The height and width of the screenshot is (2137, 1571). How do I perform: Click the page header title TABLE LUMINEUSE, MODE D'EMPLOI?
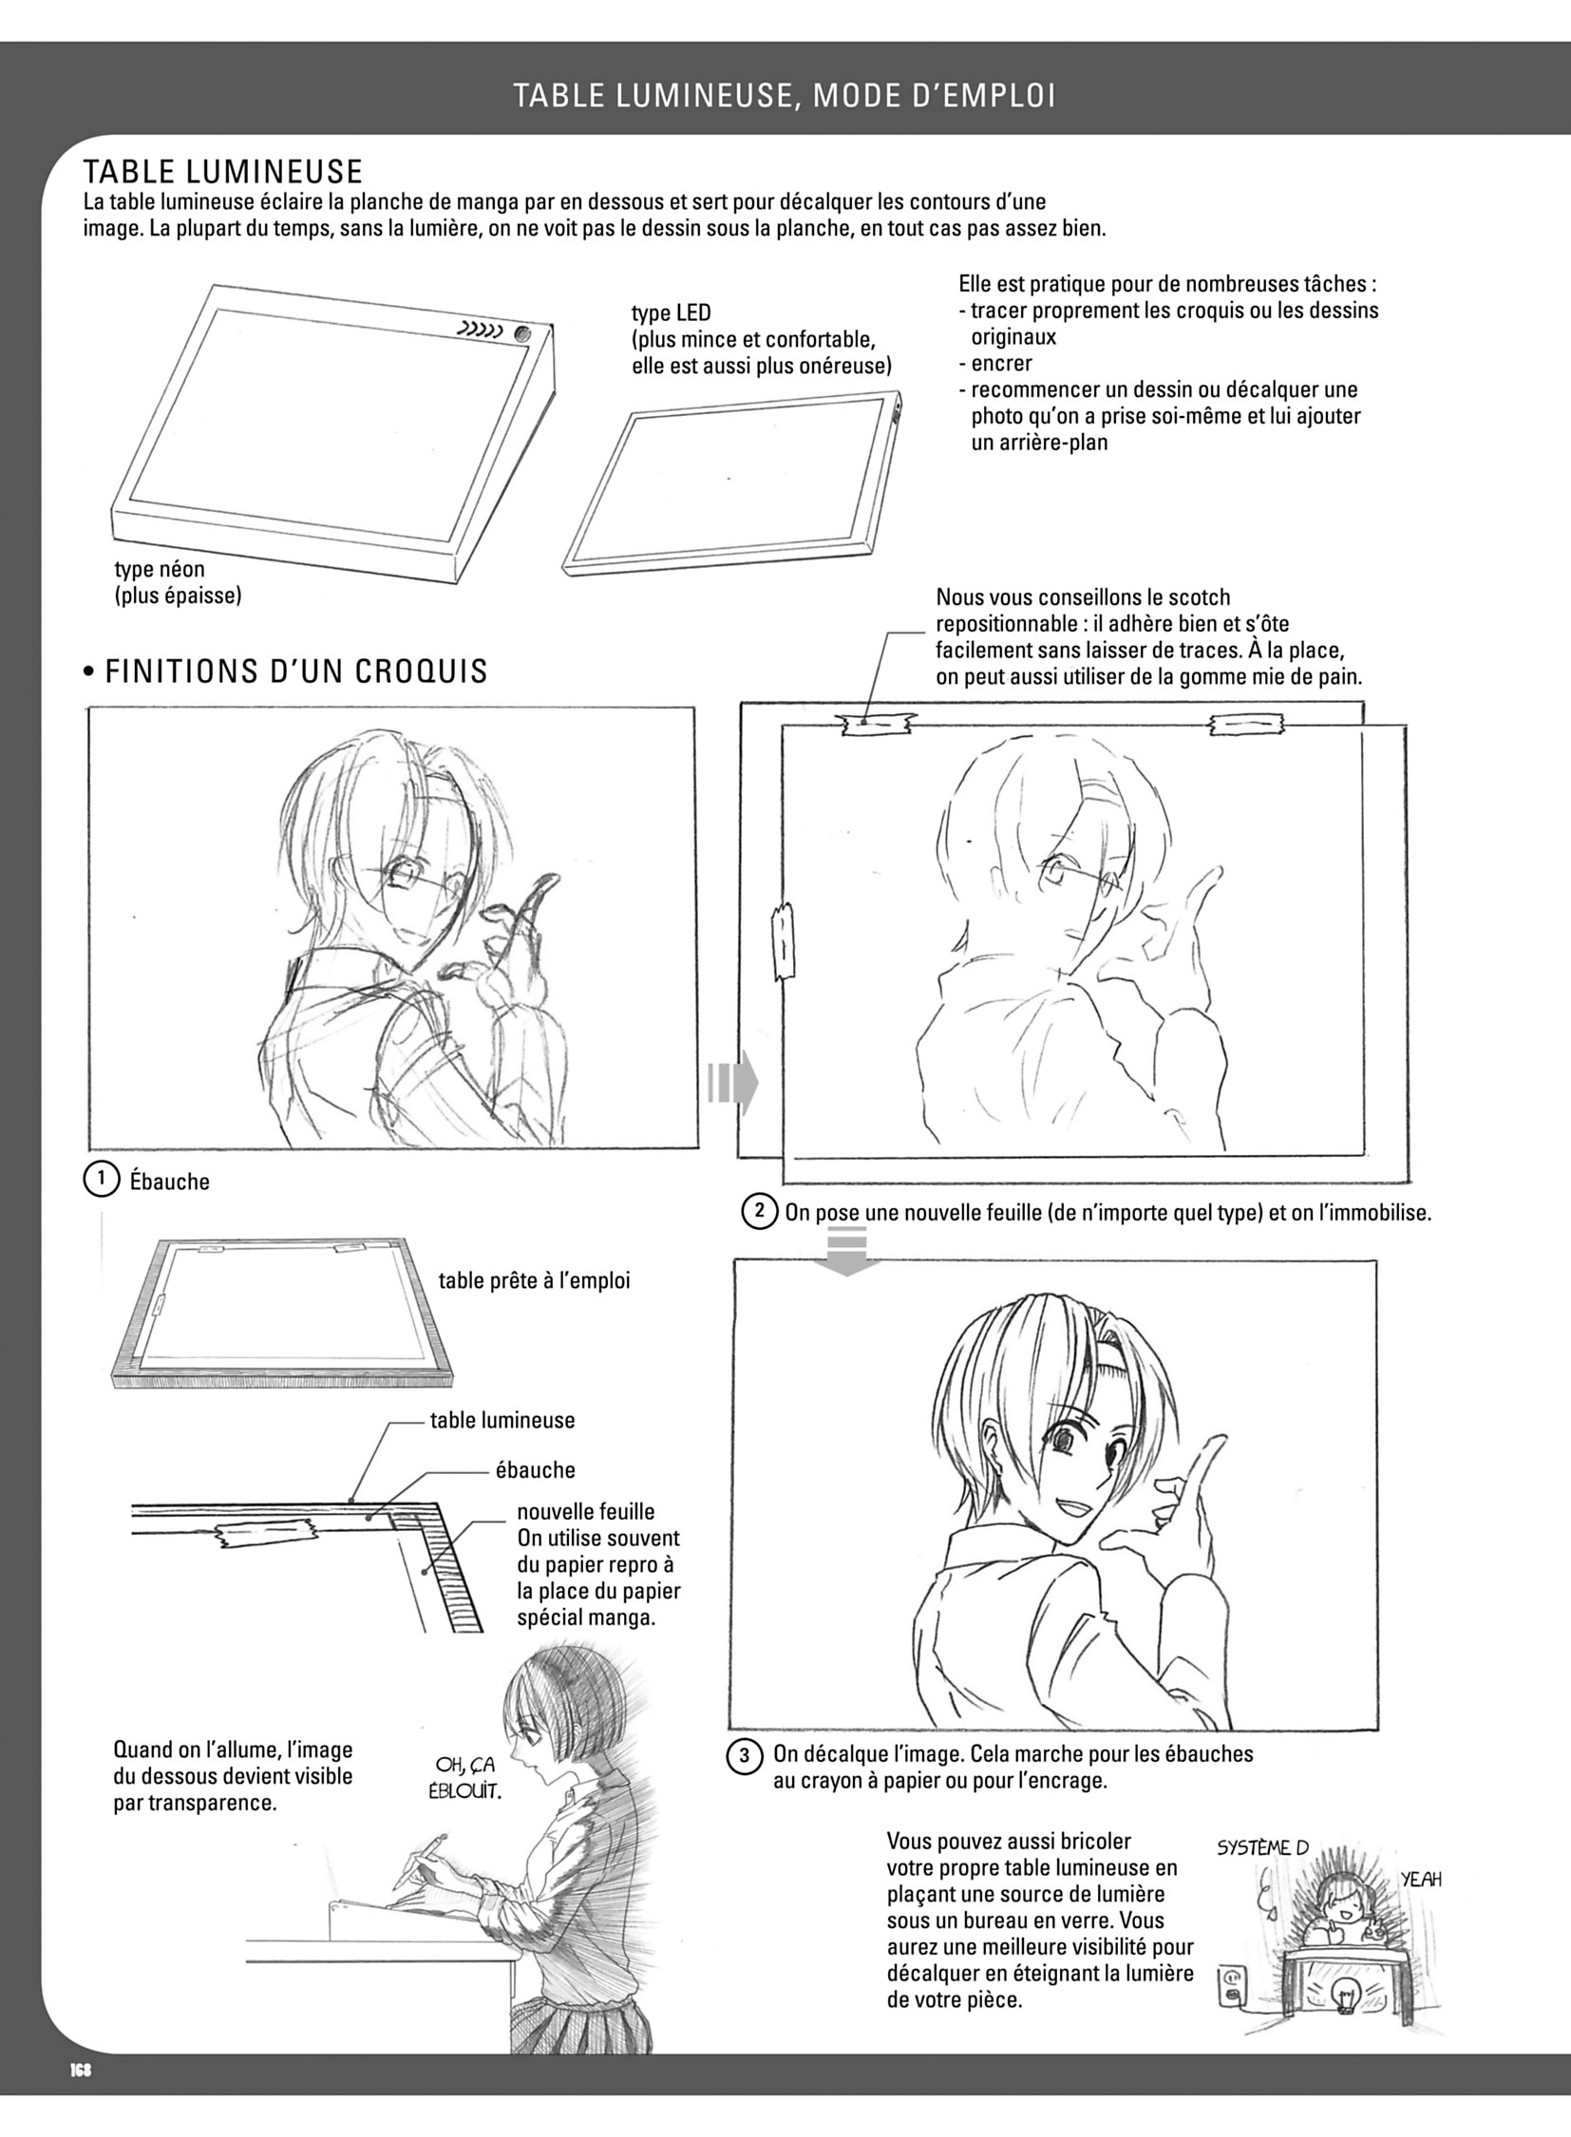(x=785, y=95)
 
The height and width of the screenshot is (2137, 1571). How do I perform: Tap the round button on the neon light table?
(x=523, y=333)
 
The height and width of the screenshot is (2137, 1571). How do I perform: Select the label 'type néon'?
(x=159, y=569)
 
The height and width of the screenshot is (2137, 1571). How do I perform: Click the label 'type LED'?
(x=671, y=312)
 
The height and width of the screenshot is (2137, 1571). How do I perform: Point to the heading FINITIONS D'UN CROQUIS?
(x=285, y=671)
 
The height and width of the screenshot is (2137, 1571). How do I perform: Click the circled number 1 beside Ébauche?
(x=100, y=1180)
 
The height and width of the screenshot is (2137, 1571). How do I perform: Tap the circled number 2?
(x=759, y=1212)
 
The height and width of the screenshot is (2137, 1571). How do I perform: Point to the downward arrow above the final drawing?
(x=848, y=1250)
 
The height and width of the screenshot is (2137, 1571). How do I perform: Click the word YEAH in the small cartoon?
(x=1421, y=1880)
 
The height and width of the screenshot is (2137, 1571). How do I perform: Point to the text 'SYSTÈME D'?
(x=1263, y=1848)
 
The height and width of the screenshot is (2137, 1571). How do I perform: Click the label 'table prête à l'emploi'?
(x=534, y=1280)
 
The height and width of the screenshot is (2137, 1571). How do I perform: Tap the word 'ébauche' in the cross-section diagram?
(x=536, y=1469)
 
